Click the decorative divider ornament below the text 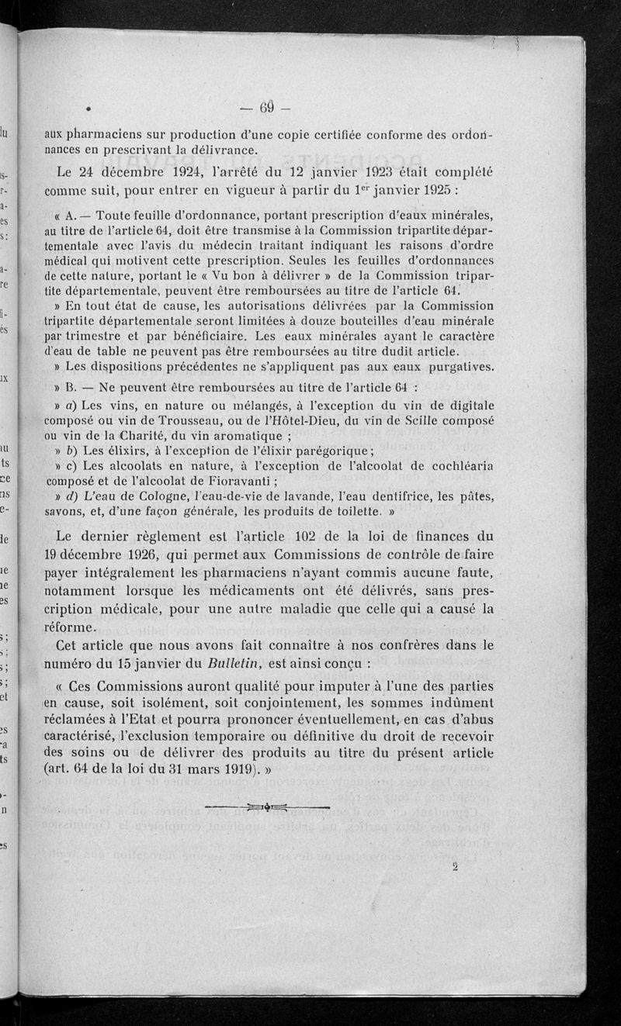(267, 807)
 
